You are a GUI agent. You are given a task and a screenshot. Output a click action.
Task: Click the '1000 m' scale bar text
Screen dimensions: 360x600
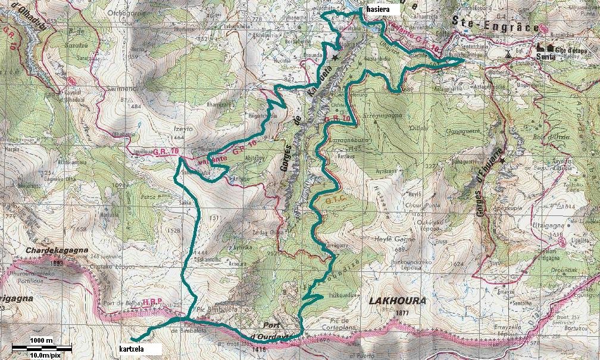(x=41, y=340)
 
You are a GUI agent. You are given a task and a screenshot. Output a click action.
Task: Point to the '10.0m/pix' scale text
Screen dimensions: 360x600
(x=41, y=355)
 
